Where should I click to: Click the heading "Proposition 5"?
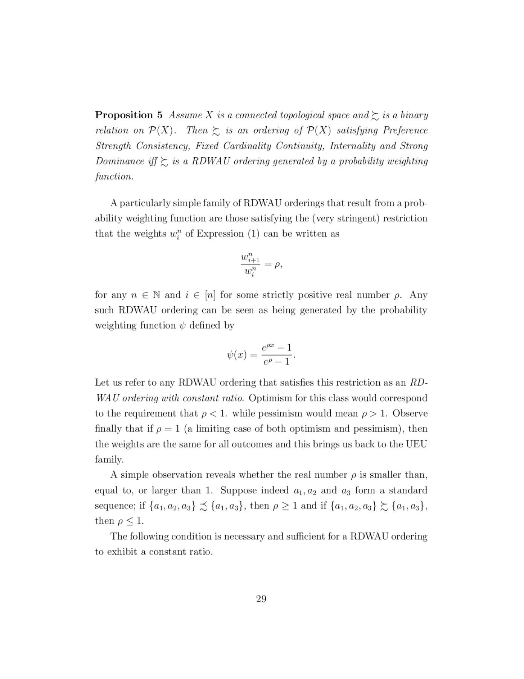point(129,115)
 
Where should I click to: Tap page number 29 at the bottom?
point(261,599)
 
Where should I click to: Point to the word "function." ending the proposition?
point(114,177)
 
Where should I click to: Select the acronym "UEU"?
point(416,444)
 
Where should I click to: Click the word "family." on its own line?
point(109,459)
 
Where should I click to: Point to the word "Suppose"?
point(239,490)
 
